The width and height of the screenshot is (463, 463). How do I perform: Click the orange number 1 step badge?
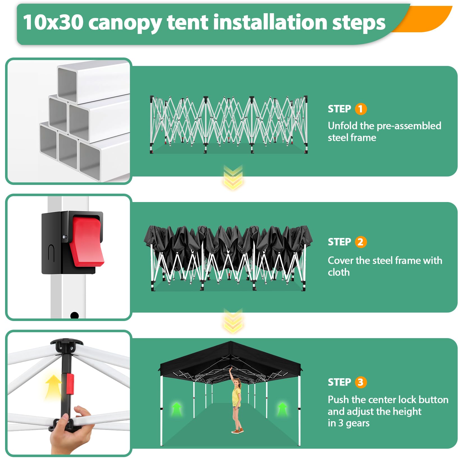(x=361, y=109)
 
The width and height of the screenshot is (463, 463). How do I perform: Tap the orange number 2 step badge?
(x=361, y=242)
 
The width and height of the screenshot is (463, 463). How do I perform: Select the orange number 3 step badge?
(x=361, y=382)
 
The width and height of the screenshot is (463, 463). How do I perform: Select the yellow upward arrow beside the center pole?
(x=53, y=387)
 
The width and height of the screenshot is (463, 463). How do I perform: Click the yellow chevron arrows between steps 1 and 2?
(x=233, y=177)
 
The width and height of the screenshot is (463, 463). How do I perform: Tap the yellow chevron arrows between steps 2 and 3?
(x=233, y=320)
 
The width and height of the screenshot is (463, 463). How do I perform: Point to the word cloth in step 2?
(x=339, y=272)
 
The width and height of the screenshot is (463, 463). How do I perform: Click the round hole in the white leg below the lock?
(x=74, y=315)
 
